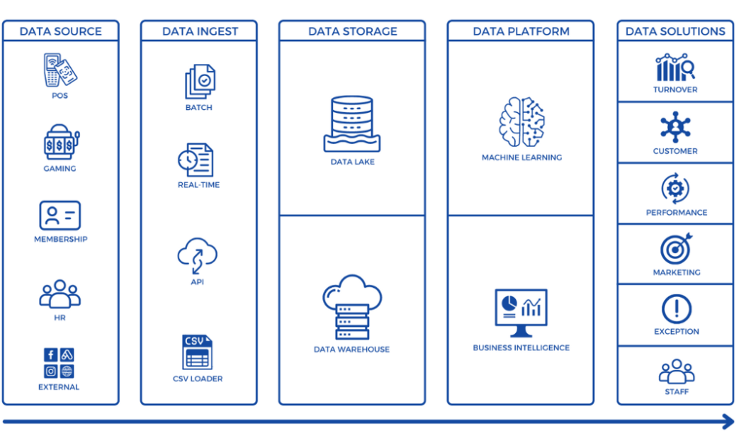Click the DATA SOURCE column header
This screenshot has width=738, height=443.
pyautogui.click(x=60, y=32)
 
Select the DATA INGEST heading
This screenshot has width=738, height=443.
pyautogui.click(x=200, y=32)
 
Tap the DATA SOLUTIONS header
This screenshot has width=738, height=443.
pyautogui.click(x=675, y=32)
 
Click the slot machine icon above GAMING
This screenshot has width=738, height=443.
pyautogui.click(x=59, y=142)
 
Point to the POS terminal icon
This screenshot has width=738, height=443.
pyautogui.click(x=59, y=70)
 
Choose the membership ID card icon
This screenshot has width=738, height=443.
pyautogui.click(x=59, y=215)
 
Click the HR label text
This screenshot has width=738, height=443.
pyautogui.click(x=59, y=318)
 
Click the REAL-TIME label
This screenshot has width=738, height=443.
pyautogui.click(x=199, y=185)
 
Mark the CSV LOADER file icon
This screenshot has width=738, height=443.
pyautogui.click(x=197, y=352)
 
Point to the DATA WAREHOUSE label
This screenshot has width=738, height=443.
pyautogui.click(x=352, y=350)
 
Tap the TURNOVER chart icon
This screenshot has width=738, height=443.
pyautogui.click(x=675, y=68)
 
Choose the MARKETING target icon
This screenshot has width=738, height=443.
pyautogui.click(x=675, y=249)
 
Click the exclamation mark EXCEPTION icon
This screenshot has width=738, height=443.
pyautogui.click(x=675, y=309)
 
